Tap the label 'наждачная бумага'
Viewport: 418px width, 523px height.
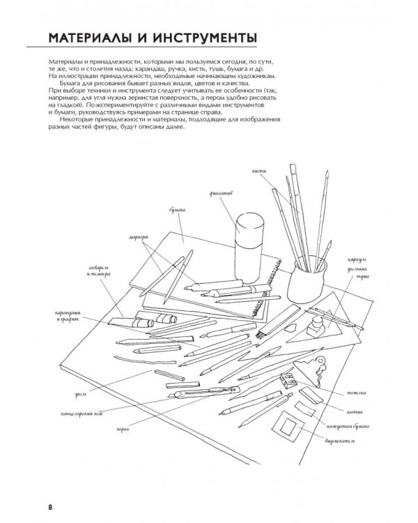[x=341, y=425]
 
